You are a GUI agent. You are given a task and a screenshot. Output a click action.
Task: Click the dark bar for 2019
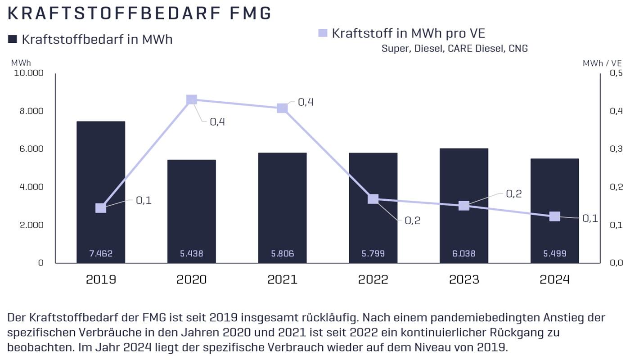pos(101,180)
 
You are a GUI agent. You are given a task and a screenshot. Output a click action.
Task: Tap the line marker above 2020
pos(191,99)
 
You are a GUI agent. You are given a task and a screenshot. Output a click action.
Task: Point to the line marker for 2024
pos(555,216)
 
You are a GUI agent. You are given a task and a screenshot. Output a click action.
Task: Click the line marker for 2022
pos(373,199)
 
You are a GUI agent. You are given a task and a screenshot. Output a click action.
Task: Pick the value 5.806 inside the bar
pos(282,254)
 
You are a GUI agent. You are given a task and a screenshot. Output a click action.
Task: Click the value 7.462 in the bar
pos(101,254)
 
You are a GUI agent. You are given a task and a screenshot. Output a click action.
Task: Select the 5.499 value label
pos(555,254)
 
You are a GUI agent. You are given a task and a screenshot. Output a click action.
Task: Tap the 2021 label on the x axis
pos(282,279)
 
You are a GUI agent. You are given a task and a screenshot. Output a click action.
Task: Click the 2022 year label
pos(373,279)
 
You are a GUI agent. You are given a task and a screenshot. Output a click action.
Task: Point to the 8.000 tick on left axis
pos(31,111)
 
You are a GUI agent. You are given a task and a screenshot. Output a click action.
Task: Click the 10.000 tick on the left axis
pos(29,73)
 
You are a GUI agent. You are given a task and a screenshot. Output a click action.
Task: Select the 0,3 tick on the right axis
pos(616,149)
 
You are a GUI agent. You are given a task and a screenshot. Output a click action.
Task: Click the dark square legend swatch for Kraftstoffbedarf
pos(13,39)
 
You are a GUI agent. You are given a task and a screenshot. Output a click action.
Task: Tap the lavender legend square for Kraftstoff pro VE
pos(323,33)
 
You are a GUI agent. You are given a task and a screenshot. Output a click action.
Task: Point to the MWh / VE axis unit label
pos(602,63)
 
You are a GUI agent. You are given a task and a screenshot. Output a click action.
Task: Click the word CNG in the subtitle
pos(518,49)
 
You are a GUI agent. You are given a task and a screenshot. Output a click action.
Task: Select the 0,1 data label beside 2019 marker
pos(144,201)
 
